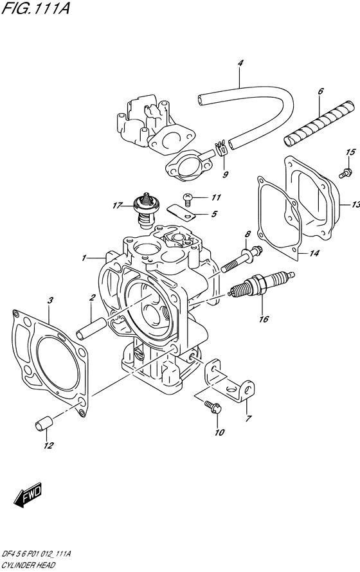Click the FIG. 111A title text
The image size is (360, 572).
35,8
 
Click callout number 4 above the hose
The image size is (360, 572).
240,63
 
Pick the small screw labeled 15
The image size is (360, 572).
345,173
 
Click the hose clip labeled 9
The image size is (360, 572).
222,148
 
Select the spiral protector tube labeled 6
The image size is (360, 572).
318,123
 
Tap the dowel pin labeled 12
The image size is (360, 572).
44,425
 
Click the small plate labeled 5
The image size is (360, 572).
181,213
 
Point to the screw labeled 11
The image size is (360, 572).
188,198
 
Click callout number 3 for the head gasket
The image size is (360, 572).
50,301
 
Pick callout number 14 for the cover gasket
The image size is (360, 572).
314,253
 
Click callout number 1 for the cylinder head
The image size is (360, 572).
84,258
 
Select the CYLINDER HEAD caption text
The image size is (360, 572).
28,566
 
